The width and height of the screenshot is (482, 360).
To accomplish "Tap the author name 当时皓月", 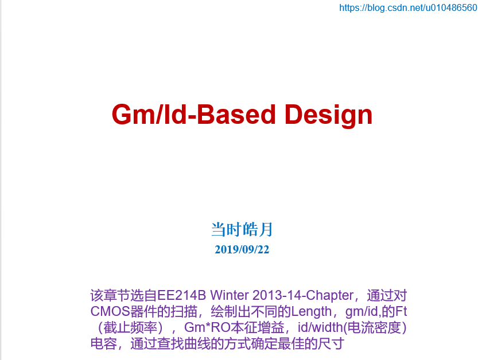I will click(x=242, y=230).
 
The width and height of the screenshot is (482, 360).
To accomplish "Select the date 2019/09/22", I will click(x=242, y=249).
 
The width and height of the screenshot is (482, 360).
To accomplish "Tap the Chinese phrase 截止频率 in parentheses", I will click(x=130, y=328).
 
